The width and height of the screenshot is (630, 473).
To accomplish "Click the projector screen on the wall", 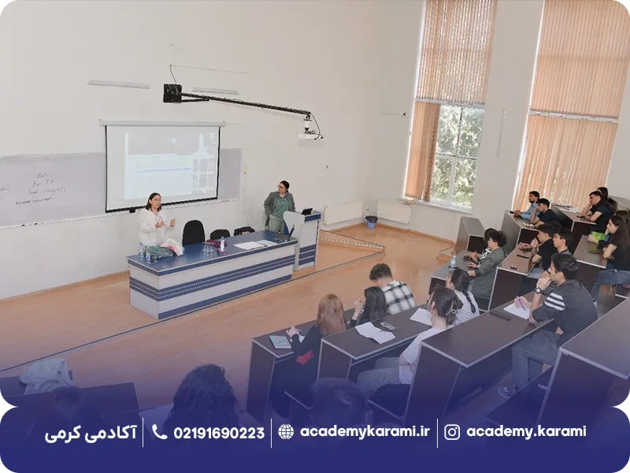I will pos(162,166).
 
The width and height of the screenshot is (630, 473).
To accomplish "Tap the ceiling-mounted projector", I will pos(309,133).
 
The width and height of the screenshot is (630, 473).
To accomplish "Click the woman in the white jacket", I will pos(152,221).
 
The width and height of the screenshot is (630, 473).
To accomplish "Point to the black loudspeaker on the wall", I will pos(172,93).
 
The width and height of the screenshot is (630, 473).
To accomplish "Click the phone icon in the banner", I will pos(159,432).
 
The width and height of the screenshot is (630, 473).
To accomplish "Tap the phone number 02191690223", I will pos(218,432).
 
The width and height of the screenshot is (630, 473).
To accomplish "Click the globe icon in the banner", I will pos(286,432).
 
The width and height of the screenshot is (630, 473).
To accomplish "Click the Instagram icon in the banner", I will pos(452,432).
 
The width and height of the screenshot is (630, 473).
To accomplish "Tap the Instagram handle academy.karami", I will pos(526,432).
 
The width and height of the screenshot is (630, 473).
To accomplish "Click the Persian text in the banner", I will pos(91,432).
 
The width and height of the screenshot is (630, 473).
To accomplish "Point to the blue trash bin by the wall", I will pos(371,222).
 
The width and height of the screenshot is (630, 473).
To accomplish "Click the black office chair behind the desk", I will pos(193,233).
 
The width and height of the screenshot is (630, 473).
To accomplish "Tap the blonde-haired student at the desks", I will pos(325,323).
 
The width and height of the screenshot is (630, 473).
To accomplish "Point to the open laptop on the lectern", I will pos(307,211).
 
